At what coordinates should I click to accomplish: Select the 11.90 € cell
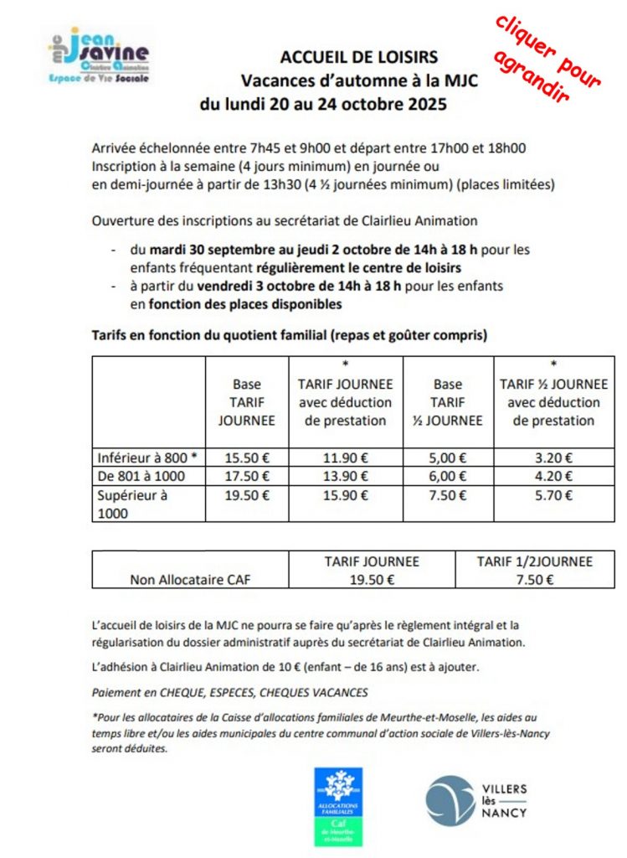point(346,457)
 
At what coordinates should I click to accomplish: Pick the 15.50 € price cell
point(247,457)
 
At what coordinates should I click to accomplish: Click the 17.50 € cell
point(247,476)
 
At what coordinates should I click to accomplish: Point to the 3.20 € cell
point(553,457)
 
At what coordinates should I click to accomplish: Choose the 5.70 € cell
point(553,495)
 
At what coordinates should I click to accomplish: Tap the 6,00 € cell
point(447,476)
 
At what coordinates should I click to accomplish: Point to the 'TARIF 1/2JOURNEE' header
point(534,561)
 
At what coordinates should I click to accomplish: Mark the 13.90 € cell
point(346,476)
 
